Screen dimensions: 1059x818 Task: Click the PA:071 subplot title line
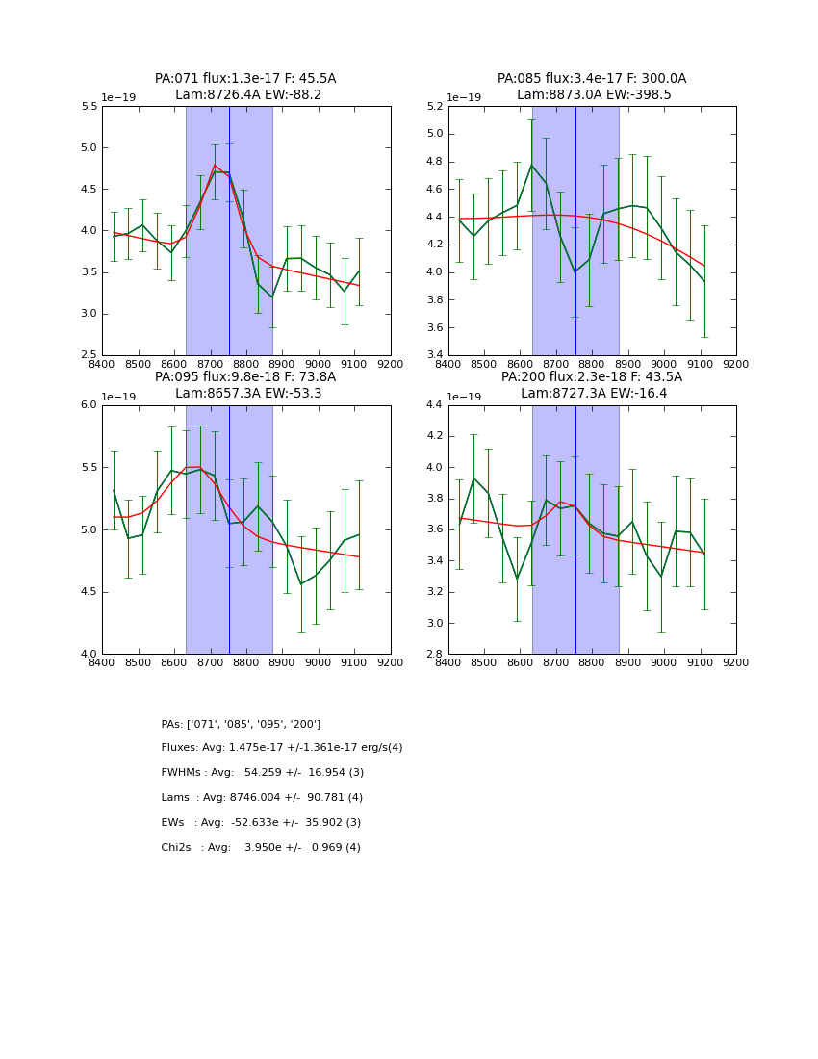point(245,79)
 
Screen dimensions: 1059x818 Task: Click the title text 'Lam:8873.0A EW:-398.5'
point(592,95)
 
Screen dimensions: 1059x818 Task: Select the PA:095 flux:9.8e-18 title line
point(245,377)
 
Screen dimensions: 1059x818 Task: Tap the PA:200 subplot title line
point(592,377)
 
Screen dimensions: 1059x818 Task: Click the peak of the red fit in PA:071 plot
point(215,166)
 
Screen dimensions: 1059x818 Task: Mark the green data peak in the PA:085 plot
point(531,165)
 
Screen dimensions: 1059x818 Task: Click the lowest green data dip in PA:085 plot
point(575,271)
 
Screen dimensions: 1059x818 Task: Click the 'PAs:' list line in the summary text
point(241,724)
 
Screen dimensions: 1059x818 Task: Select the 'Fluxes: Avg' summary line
point(282,748)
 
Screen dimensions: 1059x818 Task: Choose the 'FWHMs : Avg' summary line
point(263,773)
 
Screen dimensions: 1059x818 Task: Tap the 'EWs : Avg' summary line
point(261,823)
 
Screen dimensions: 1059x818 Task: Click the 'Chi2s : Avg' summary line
point(261,848)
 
